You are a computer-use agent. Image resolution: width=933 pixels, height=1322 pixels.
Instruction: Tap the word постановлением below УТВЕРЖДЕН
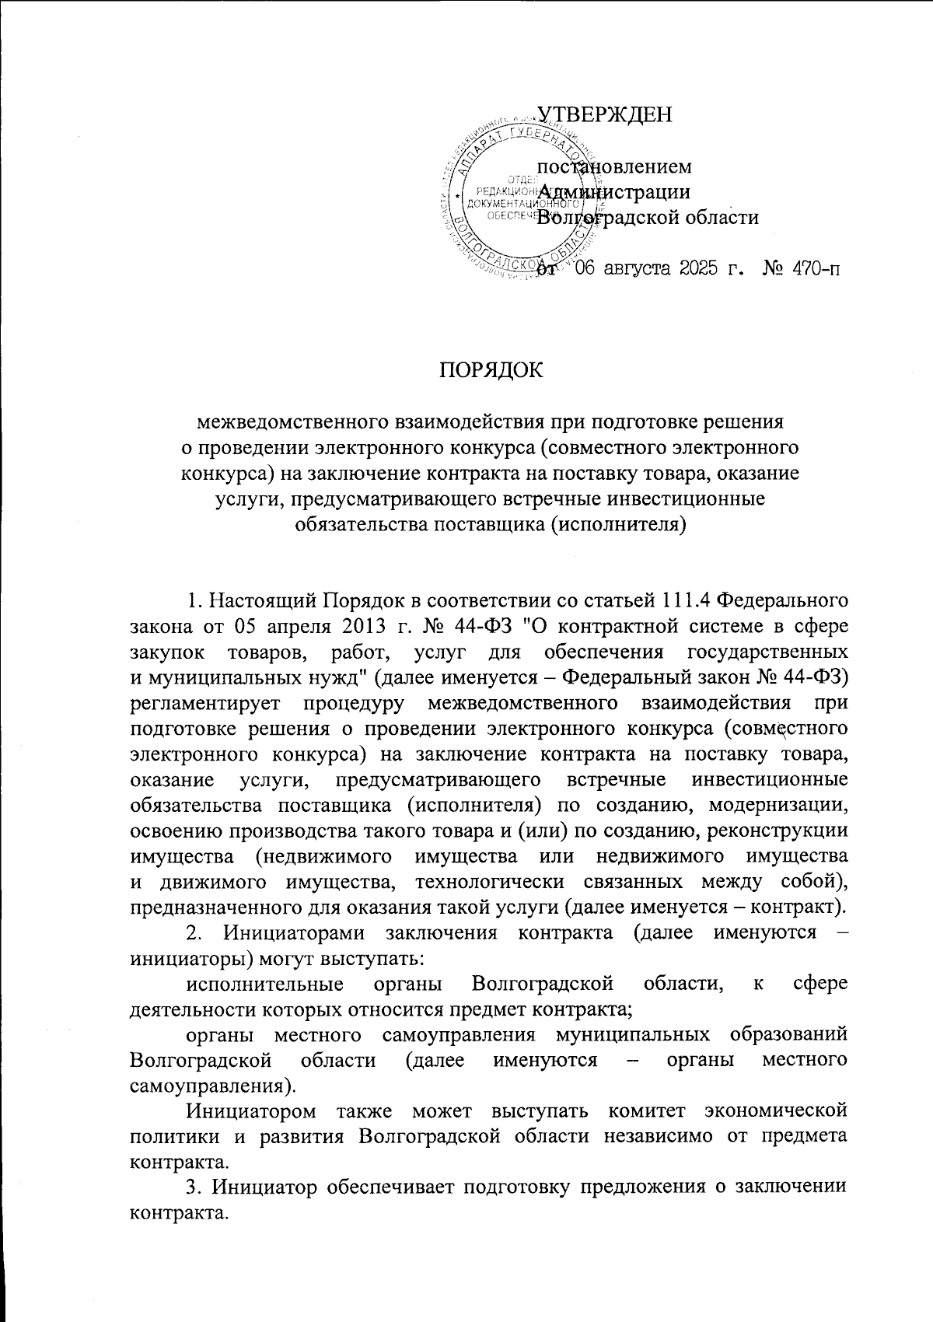(x=614, y=166)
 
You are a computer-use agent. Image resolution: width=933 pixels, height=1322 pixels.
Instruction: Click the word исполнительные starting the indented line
(x=265, y=984)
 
